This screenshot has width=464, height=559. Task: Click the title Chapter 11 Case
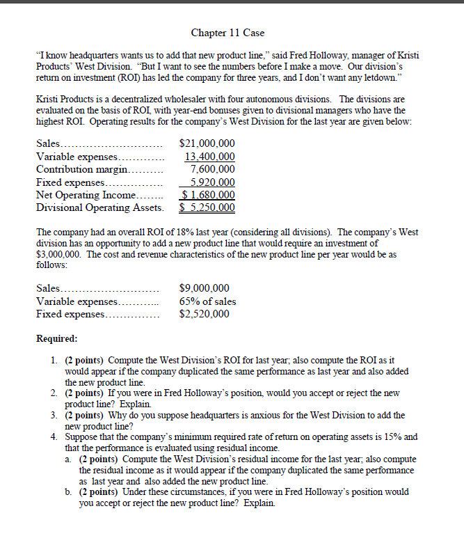coord(227,33)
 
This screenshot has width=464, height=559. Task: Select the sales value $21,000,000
coord(207,144)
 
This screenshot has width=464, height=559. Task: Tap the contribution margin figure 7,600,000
coord(212,169)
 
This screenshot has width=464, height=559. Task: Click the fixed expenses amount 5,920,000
coord(212,182)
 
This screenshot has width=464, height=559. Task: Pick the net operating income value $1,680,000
coord(207,195)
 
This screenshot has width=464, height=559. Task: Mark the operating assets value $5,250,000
coord(207,207)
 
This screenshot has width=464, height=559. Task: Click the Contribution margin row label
coord(81,169)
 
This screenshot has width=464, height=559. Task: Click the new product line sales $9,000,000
coord(204,288)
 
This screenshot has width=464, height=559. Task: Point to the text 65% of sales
coord(207,301)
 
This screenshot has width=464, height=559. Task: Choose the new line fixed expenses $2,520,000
coord(204,314)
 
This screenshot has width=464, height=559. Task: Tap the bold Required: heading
coord(56,339)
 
